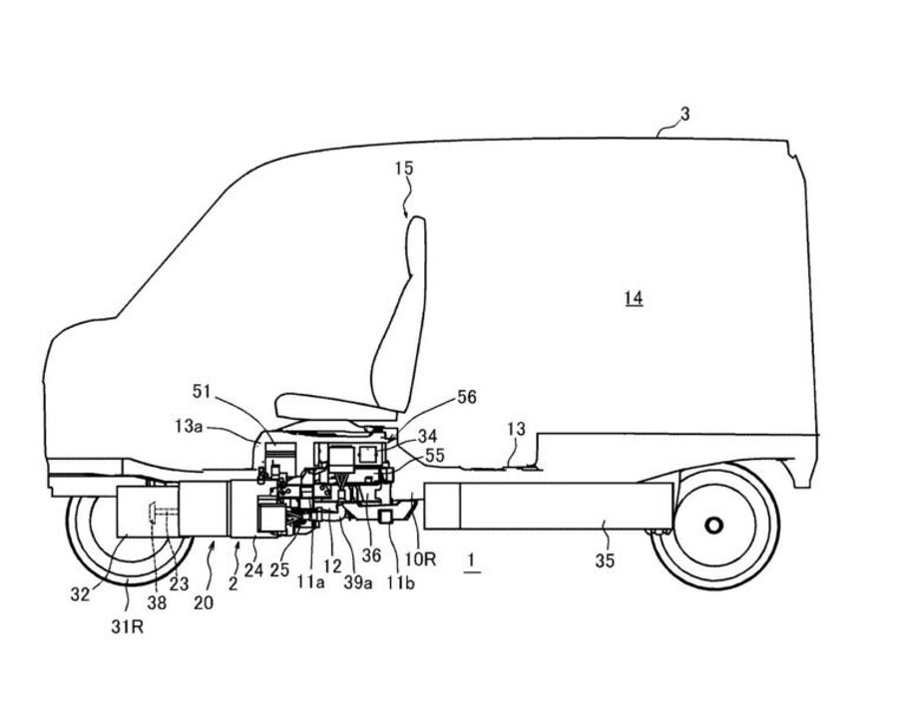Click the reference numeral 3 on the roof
(684, 116)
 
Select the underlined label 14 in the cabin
(633, 297)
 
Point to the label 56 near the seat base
(466, 398)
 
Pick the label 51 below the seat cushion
(204, 391)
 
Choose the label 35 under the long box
(605, 561)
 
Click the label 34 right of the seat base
(427, 435)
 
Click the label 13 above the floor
(515, 429)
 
